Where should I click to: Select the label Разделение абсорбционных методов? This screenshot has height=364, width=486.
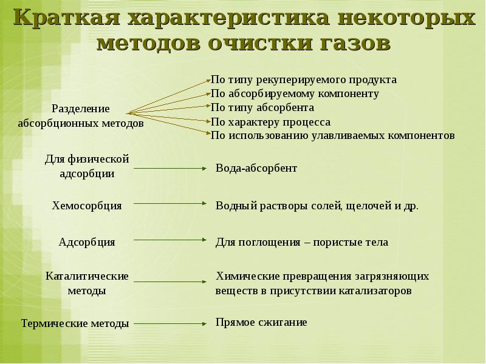pyautogui.click(x=81, y=116)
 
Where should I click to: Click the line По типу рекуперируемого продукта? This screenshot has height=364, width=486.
pyautogui.click(x=303, y=79)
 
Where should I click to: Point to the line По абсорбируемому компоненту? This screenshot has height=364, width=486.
pyautogui.click(x=295, y=93)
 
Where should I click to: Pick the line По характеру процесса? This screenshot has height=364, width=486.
pyautogui.click(x=270, y=121)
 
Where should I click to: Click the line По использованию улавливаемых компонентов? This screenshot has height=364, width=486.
pyautogui.click(x=332, y=135)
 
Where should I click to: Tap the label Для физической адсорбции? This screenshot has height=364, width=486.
pyautogui.click(x=87, y=166)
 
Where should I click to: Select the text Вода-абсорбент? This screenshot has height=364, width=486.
pyautogui.click(x=256, y=168)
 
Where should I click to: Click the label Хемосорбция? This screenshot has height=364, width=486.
pyautogui.click(x=87, y=206)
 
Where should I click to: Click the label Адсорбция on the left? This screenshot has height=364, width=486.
pyautogui.click(x=87, y=242)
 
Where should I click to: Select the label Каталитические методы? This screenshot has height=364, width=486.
pyautogui.click(x=87, y=283)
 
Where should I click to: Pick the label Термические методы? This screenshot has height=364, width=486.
pyautogui.click(x=75, y=323)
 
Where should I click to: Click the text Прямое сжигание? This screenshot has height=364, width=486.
pyautogui.click(x=261, y=322)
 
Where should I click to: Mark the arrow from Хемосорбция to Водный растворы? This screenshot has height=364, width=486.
pyautogui.click(x=170, y=204)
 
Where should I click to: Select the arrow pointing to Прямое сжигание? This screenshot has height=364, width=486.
pyautogui.click(x=170, y=323)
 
